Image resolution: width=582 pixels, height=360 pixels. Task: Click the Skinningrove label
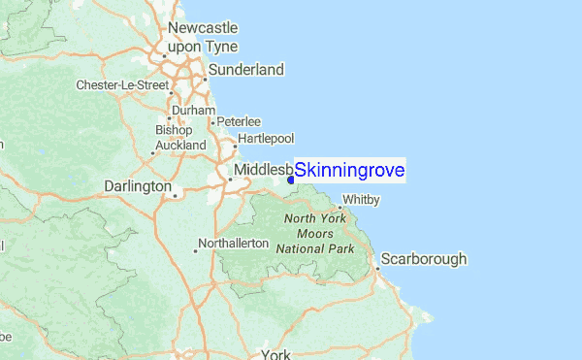[x=349, y=171]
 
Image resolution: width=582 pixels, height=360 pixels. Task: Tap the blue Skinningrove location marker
[x=290, y=179]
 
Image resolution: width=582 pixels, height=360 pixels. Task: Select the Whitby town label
[x=360, y=200]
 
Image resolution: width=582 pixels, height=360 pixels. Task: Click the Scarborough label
[x=424, y=259]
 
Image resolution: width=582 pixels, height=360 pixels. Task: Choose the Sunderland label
[x=248, y=70]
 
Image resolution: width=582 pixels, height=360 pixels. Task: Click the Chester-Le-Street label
[x=123, y=85]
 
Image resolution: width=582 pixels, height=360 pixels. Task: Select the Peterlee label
[x=240, y=121]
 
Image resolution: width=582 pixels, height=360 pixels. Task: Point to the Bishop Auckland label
[x=178, y=137]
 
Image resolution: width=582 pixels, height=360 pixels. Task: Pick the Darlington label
[x=138, y=185]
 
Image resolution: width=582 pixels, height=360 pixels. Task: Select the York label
[x=276, y=353]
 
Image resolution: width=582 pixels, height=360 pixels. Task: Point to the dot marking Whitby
[x=339, y=207]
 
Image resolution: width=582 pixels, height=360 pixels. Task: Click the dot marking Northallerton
[x=195, y=250]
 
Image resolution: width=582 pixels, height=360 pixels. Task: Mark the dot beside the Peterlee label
[x=212, y=122]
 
